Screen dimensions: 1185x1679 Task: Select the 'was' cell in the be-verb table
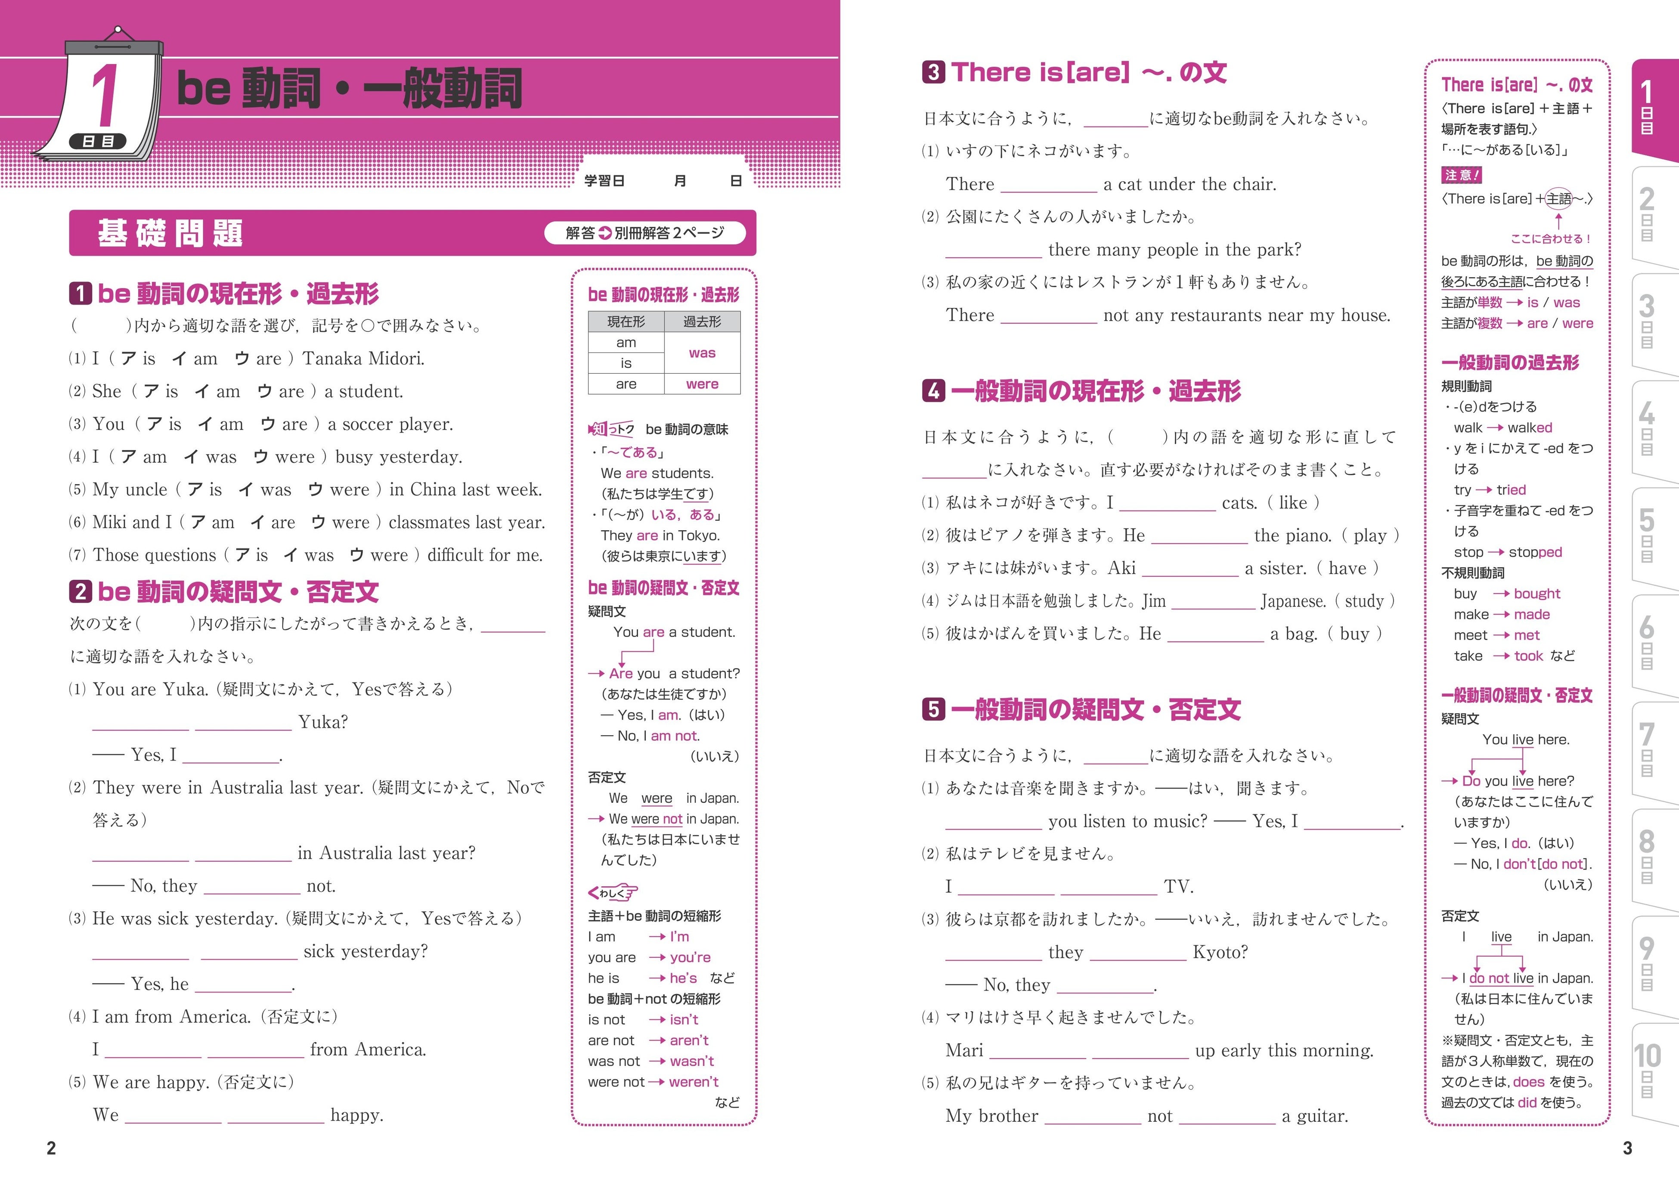click(x=702, y=353)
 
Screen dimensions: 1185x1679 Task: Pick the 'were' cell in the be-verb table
click(x=702, y=384)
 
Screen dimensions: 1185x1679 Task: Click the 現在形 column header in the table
click(x=626, y=322)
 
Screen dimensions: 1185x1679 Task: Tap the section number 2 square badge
click(x=81, y=591)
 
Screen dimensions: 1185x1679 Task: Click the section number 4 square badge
click(x=933, y=391)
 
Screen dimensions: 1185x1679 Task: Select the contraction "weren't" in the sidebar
click(x=693, y=1082)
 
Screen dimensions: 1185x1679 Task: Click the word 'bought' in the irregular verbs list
click(x=1537, y=594)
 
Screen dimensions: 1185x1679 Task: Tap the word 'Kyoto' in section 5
click(x=1220, y=953)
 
